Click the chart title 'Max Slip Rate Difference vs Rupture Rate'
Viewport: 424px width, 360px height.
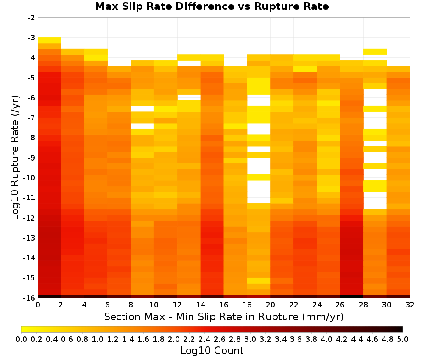tap(212, 6)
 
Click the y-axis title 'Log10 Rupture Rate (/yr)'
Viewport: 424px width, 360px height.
tap(15, 158)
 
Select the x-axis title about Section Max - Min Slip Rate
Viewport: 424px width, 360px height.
tap(223, 317)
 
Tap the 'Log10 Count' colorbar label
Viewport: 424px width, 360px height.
tap(212, 351)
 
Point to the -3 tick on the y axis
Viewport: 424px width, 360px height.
tap(31, 38)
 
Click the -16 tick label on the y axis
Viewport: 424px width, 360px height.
tap(30, 298)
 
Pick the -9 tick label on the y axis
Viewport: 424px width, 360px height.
tap(31, 158)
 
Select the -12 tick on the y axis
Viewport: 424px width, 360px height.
tap(30, 218)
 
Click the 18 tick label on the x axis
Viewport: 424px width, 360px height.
tap(247, 305)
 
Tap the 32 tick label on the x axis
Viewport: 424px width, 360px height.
tap(410, 305)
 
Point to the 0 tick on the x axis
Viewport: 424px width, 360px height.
tap(38, 305)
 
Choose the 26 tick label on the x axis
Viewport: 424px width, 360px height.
tap(340, 305)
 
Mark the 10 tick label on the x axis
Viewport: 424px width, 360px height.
tap(154, 305)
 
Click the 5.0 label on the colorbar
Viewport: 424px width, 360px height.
tap(403, 339)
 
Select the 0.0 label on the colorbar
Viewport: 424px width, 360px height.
tap(21, 339)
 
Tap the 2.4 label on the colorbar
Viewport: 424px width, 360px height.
tap(204, 339)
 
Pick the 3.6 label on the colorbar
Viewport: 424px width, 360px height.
tap(296, 339)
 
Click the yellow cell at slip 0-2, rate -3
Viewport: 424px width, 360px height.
tap(50, 40)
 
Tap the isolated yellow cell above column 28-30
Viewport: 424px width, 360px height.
tap(375, 52)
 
